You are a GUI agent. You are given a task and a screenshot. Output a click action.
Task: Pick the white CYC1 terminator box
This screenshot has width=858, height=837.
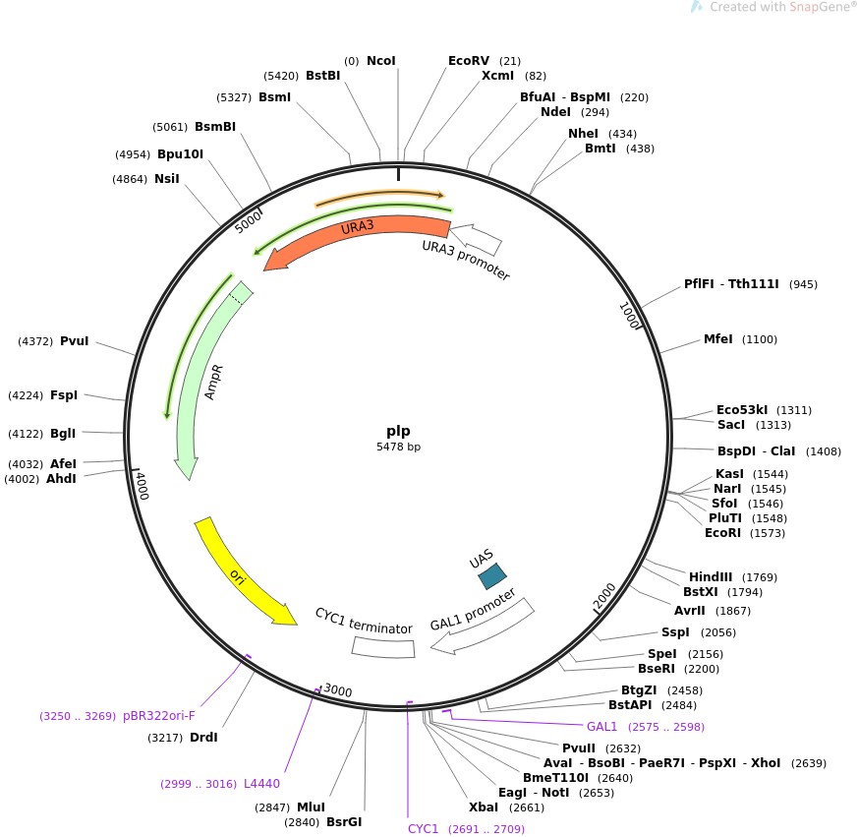pos(383,647)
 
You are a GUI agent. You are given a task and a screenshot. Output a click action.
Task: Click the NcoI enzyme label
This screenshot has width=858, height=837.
pos(380,60)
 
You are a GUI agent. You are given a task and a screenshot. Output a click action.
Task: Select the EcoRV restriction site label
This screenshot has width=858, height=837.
pos(469,60)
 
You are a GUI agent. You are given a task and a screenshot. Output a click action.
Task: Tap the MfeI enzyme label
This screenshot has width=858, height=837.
pos(718,339)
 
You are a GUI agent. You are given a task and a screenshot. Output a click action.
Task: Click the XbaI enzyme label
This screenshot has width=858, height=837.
pos(484,807)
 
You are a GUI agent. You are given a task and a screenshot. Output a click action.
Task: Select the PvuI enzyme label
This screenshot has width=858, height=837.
pos(74,341)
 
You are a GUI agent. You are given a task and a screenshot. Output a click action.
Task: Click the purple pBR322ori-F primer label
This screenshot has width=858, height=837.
pos(159,715)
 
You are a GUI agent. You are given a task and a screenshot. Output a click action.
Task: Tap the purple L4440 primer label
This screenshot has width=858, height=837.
pos(261,784)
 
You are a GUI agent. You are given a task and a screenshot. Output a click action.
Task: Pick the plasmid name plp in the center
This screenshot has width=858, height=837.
pos(398,431)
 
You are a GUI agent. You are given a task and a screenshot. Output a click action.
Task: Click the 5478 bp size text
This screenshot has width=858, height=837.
pos(398,447)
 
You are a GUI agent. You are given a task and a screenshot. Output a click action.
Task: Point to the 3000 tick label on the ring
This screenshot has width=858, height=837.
pos(336,691)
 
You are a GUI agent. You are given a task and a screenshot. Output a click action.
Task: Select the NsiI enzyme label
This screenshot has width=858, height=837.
pos(166,178)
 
